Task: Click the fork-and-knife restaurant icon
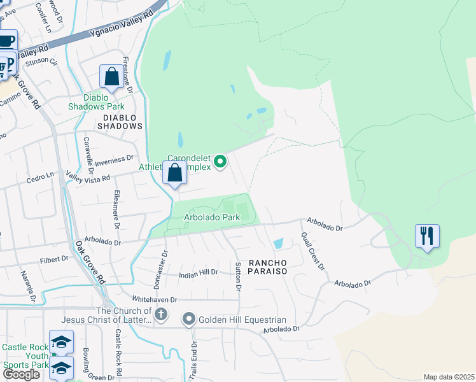[426, 236]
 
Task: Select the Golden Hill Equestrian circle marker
[189, 319]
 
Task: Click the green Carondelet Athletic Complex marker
[220, 162]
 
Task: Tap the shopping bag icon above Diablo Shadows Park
[112, 77]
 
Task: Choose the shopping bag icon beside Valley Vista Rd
[174, 173]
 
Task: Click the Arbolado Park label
[213, 217]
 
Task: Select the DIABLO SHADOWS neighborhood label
[120, 126]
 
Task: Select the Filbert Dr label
[53, 259]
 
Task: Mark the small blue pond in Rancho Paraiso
[278, 243]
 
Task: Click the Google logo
[21, 374]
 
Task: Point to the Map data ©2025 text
[448, 377]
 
